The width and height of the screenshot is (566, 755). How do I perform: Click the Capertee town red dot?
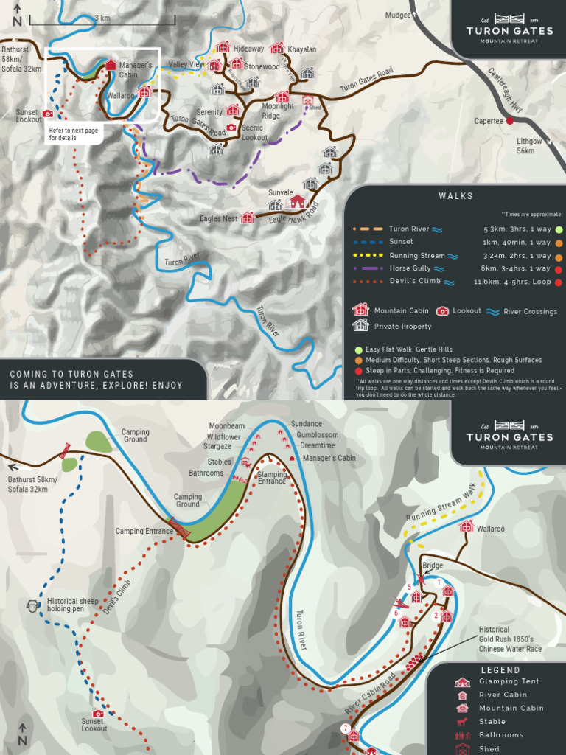point(509,121)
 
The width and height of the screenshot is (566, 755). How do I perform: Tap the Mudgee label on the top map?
point(398,15)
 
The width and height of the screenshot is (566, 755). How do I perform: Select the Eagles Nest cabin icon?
point(248,218)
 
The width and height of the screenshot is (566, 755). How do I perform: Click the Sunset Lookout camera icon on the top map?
point(48,114)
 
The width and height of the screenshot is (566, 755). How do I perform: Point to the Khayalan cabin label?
point(301,49)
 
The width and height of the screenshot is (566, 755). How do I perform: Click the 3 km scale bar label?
point(102,18)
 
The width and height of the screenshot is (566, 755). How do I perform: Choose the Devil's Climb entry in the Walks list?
point(415,282)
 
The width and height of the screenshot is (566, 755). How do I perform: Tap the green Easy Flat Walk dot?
point(359,349)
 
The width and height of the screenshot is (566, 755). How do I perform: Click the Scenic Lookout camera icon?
point(232,128)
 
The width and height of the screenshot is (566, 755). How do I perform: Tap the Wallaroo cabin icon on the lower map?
point(466,526)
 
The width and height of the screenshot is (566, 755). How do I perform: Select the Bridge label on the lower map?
point(433,566)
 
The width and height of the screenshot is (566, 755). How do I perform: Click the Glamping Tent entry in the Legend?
point(509,682)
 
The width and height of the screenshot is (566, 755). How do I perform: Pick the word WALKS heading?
point(455,196)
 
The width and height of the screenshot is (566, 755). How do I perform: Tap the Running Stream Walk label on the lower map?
point(440,509)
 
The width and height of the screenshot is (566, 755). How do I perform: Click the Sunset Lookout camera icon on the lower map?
point(98,714)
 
